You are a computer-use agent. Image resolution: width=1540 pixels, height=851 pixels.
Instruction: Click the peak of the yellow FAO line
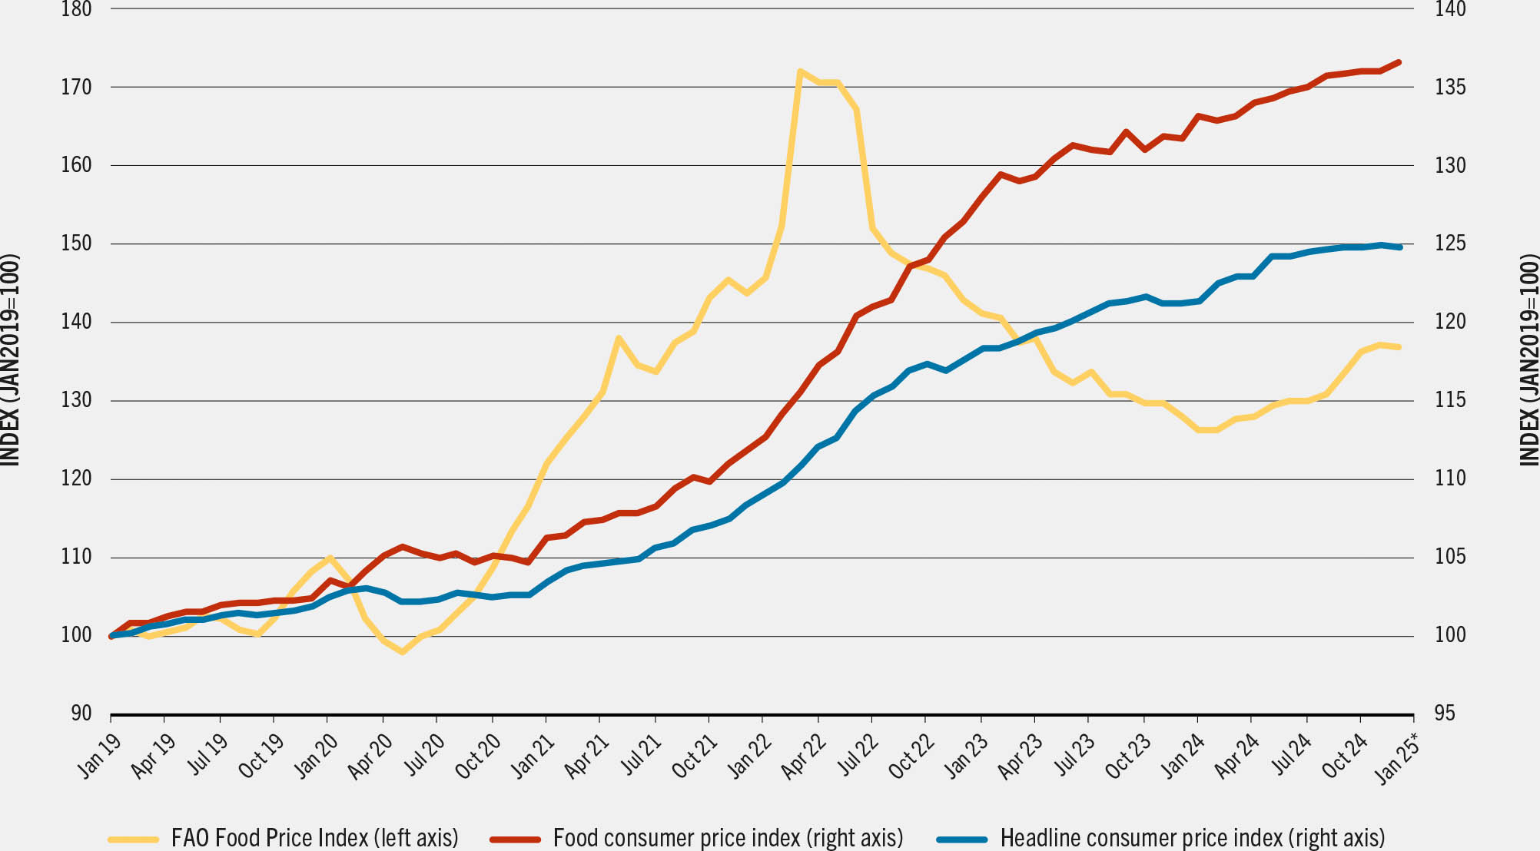[x=800, y=71]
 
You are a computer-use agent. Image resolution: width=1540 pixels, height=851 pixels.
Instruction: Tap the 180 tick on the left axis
[x=76, y=9]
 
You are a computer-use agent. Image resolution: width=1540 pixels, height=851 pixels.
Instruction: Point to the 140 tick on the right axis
[x=1450, y=9]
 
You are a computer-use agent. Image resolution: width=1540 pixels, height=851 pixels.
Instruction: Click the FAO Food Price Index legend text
[x=314, y=836]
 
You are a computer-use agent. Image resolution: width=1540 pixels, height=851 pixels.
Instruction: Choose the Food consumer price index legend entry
[x=727, y=836]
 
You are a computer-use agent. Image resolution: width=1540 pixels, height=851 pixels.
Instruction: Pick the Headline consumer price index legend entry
[x=1192, y=836]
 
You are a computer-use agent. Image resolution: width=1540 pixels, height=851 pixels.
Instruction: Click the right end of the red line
[x=1399, y=62]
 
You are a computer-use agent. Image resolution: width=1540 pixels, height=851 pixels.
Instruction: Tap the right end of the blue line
[x=1400, y=247]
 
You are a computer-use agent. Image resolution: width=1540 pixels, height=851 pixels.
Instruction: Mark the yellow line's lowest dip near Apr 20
[x=402, y=652]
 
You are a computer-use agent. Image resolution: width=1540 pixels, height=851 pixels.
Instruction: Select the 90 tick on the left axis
[x=81, y=714]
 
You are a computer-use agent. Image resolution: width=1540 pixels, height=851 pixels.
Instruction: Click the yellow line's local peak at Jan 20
[x=330, y=558]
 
